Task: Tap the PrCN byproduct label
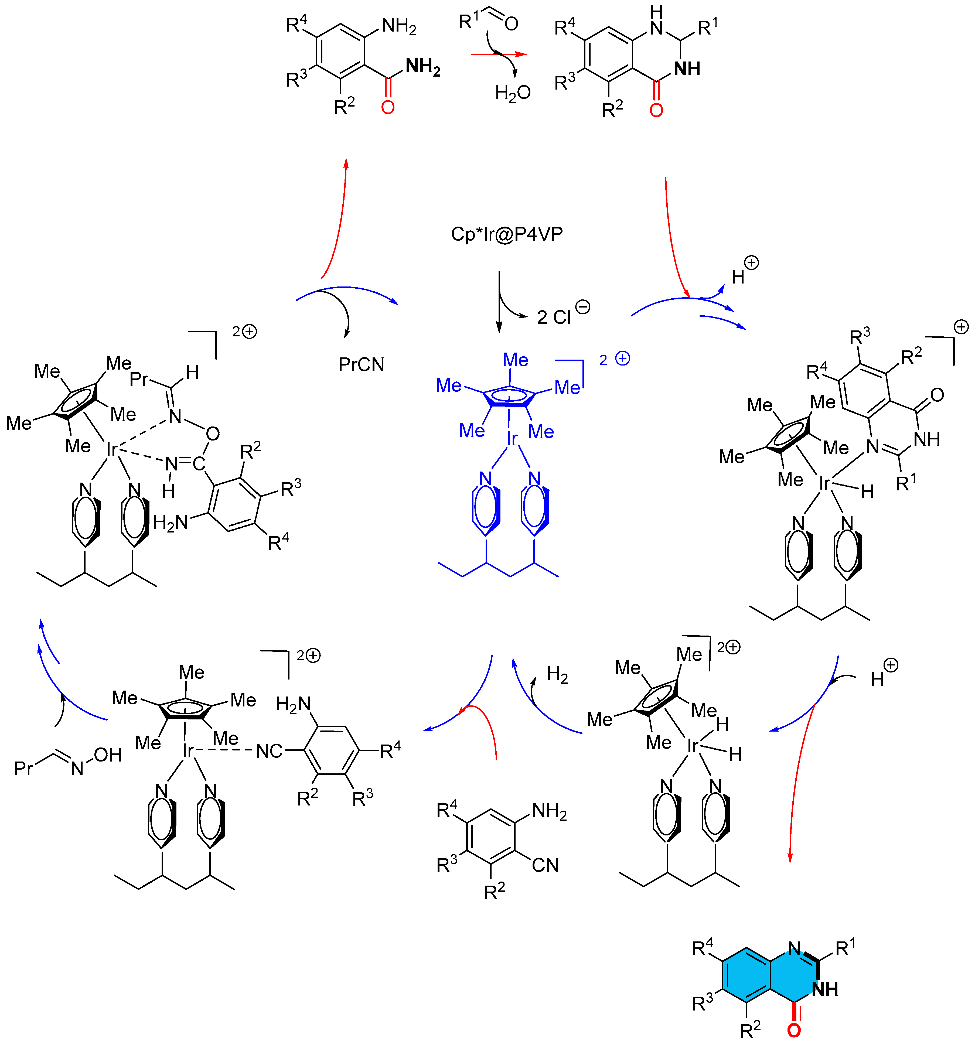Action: [361, 364]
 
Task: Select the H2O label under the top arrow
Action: [513, 93]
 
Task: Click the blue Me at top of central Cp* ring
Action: [515, 360]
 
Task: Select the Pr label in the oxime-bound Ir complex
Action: [139, 378]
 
